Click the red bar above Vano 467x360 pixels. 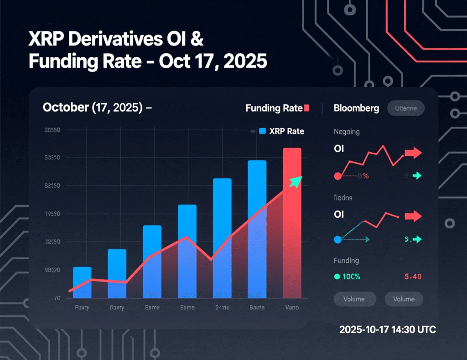coord(292,223)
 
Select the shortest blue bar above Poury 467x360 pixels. coord(82,283)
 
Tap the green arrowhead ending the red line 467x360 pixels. coord(296,181)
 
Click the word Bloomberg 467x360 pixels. coord(356,108)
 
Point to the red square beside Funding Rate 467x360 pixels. coord(306,108)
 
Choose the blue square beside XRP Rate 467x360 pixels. coord(262,131)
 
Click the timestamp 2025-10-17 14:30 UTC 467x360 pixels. coord(387,329)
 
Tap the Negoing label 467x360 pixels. coord(347,132)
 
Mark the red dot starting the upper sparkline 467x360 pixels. coord(338,176)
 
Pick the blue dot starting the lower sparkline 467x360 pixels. coord(338,239)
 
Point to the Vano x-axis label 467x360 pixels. coord(292,308)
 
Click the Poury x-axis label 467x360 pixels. coord(82,308)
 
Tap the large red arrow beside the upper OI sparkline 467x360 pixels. coord(413,153)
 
